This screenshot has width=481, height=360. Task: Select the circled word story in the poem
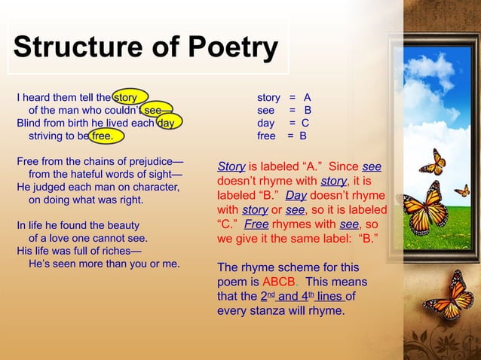tap(125, 97)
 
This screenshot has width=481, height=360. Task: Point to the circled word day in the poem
tap(166, 123)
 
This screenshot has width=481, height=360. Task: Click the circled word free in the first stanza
tap(102, 136)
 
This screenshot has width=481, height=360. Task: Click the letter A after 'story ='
tap(307, 97)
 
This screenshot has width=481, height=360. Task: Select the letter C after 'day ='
tap(305, 123)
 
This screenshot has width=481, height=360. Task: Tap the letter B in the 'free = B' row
tap(302, 136)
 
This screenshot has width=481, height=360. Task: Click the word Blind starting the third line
tap(29, 123)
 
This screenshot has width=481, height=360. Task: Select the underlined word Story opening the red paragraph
tap(230, 167)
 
